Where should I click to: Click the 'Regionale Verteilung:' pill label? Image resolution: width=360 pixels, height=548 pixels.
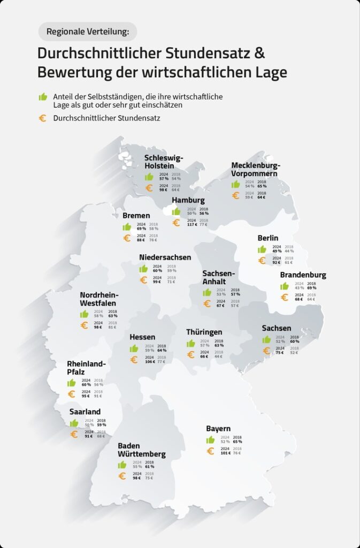88,32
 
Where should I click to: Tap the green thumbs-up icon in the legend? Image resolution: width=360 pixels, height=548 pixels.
43,97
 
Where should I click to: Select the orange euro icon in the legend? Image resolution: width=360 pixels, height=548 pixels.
43,118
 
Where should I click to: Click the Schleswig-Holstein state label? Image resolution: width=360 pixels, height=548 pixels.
164,162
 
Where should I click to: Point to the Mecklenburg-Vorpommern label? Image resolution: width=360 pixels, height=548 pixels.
256,169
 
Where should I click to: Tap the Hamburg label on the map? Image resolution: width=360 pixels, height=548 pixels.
188,201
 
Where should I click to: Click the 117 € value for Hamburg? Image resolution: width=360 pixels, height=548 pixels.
192,225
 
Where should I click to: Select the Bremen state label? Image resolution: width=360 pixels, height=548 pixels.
136,216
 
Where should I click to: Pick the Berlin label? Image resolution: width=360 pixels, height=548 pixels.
267,238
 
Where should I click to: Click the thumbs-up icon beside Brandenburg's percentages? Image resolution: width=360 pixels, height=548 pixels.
285,286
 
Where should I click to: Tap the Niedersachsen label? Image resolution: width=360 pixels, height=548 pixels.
165,257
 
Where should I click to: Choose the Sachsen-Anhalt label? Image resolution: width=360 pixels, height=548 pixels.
219,278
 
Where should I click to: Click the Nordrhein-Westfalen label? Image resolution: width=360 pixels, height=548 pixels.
99,299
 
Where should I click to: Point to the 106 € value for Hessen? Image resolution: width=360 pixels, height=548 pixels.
149,361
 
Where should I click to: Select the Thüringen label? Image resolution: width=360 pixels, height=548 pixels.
204,332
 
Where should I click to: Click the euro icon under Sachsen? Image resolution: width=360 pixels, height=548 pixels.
266,351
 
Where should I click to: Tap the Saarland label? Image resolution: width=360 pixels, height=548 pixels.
85,412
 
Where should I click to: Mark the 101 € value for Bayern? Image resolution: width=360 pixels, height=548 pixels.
225,453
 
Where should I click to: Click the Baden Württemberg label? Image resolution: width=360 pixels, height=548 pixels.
142,450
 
